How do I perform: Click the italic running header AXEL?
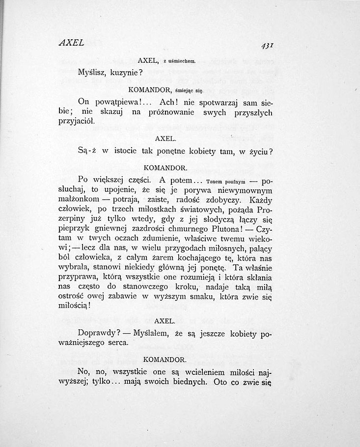click(71, 43)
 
